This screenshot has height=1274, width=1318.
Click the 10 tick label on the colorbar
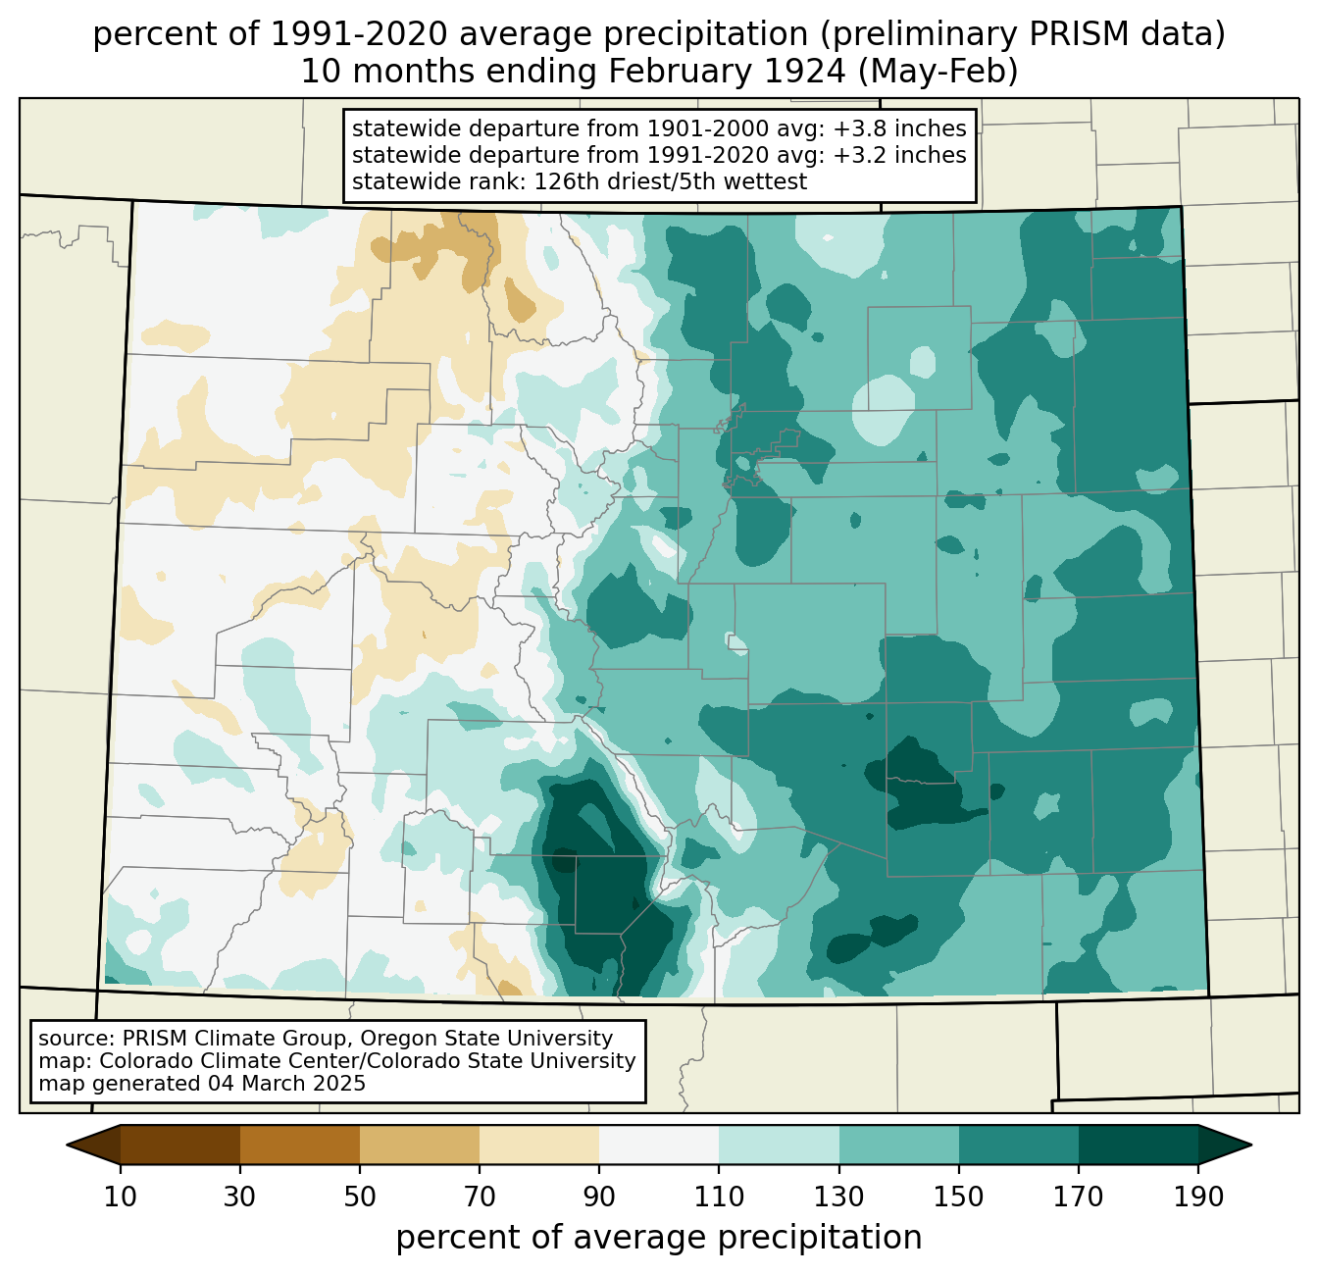120,1197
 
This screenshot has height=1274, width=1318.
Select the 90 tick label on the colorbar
599,1197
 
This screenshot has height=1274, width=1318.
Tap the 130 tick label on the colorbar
838,1197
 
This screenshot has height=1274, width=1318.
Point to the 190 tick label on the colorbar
1198,1197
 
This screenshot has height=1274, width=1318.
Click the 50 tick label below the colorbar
360,1197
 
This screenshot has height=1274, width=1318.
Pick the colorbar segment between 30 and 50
299,1145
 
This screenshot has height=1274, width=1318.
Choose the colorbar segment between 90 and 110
659,1145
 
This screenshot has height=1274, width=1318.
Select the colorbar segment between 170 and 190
1138,1145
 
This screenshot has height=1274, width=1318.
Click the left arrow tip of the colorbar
67,1145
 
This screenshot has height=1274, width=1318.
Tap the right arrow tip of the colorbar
1251,1145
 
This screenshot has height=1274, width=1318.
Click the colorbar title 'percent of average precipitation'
658,1238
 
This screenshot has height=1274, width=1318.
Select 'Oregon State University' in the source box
486,1039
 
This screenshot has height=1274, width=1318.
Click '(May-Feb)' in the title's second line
938,72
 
